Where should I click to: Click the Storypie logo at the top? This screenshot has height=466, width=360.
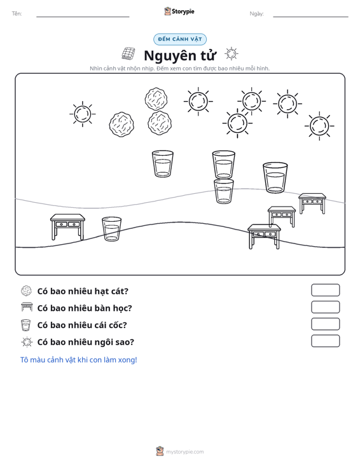point(179,11)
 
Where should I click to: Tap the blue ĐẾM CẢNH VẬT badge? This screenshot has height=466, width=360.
point(180,39)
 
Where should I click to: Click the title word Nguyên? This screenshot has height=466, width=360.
point(170,55)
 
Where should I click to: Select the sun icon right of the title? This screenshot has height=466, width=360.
point(232,54)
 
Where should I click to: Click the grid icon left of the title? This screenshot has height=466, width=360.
point(128,54)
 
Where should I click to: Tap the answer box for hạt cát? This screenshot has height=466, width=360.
point(325,290)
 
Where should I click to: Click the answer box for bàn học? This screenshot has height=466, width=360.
point(325,307)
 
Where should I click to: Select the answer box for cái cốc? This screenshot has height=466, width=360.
point(325,324)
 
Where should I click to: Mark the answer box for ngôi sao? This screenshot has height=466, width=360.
point(325,341)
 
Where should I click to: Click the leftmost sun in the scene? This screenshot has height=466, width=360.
point(83,114)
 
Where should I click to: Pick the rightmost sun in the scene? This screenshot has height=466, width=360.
point(319,126)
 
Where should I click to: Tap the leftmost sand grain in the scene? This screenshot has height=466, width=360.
point(121,124)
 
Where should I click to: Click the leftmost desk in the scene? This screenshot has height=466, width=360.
point(67,227)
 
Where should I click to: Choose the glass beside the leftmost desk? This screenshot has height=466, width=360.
point(111,229)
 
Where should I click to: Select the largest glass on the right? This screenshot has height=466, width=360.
point(275,177)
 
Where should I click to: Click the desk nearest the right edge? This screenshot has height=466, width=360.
point(312,203)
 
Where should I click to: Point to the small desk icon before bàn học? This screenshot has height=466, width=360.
point(27,307)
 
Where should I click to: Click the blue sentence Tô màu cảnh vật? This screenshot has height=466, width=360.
point(78,360)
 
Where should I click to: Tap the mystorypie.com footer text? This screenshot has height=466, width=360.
point(184,452)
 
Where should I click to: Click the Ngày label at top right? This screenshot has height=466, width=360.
point(256,14)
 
